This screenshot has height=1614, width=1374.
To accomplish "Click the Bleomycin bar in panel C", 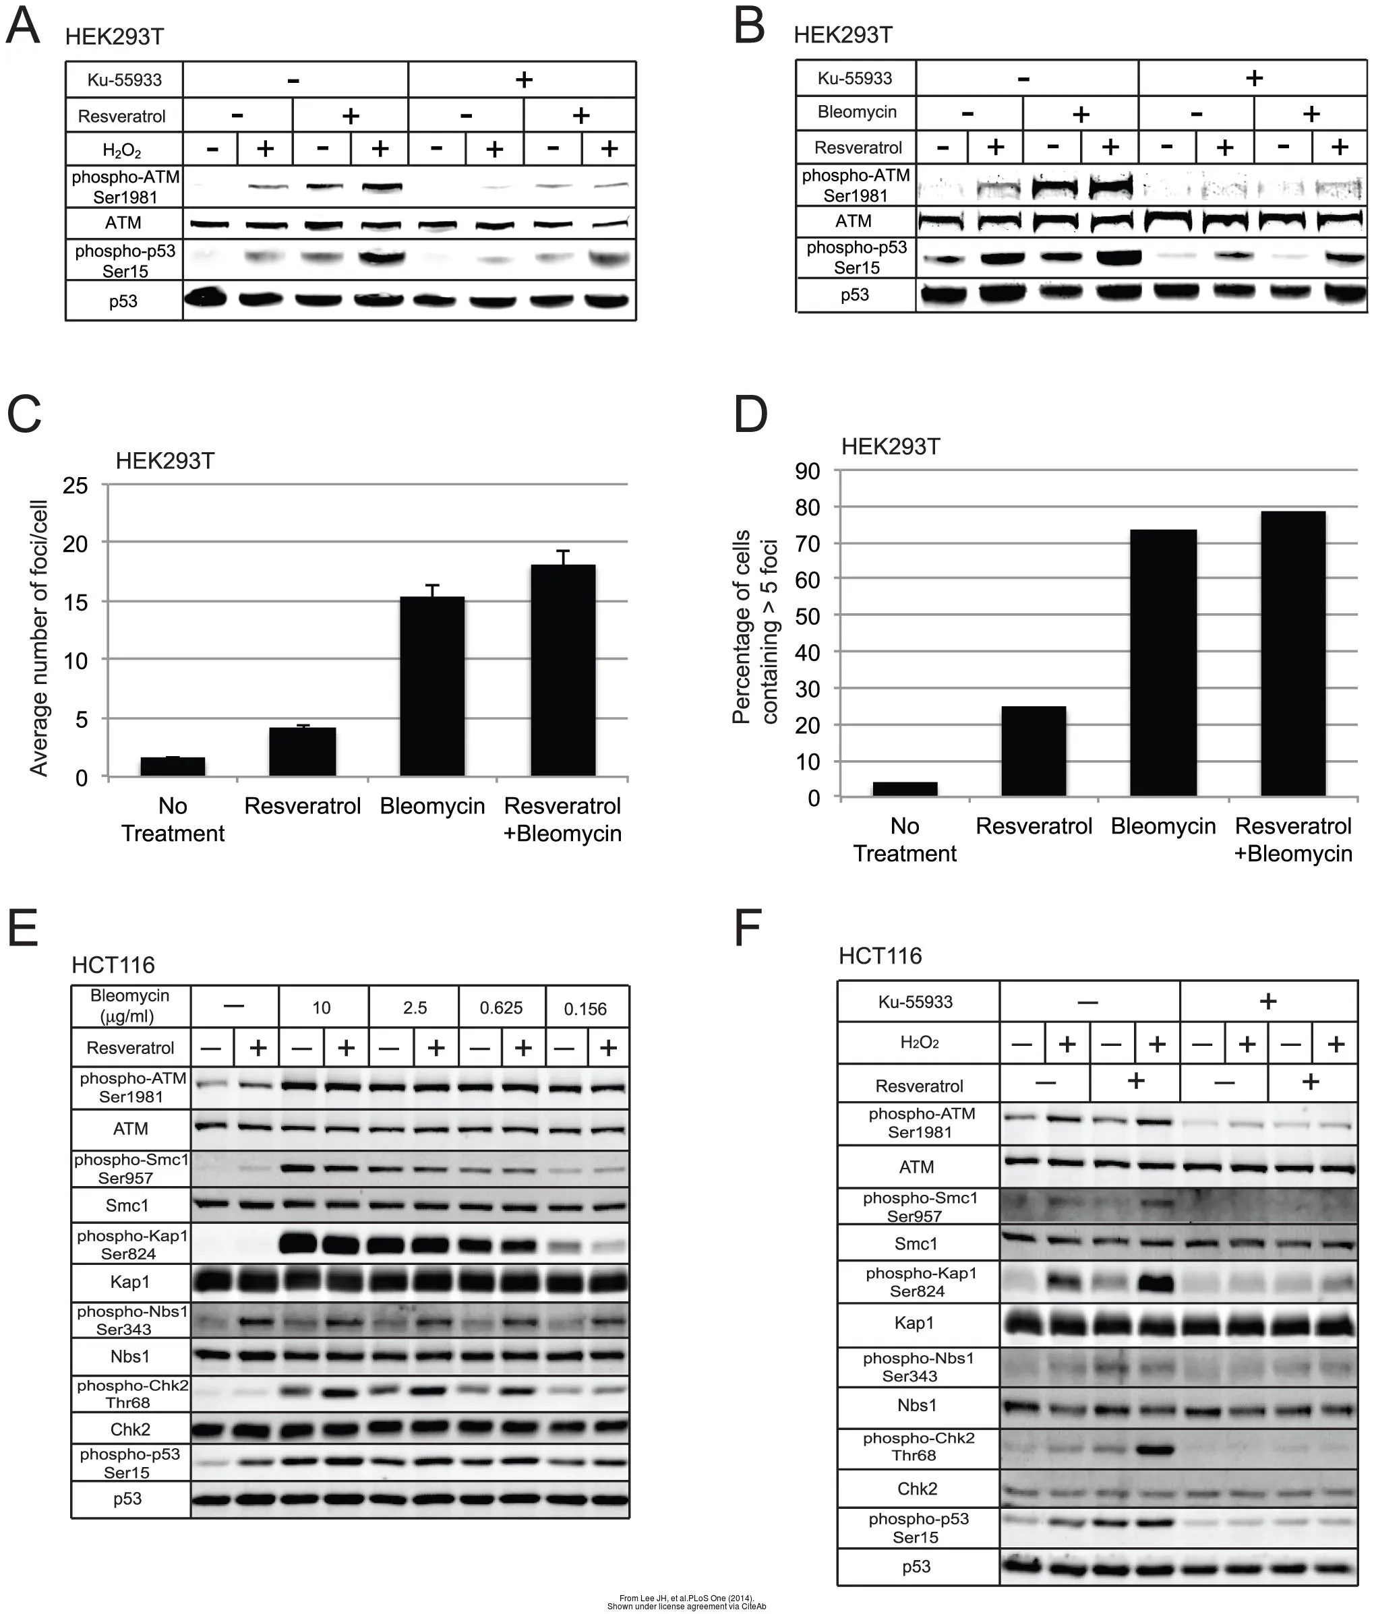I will (432, 686).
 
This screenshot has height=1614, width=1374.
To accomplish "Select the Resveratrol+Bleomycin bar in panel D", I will (1293, 653).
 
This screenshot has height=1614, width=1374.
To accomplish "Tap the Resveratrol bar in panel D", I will (1034, 751).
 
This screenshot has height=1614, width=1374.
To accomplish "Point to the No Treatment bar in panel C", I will (173, 766).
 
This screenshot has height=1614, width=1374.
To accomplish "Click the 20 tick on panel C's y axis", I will (76, 543).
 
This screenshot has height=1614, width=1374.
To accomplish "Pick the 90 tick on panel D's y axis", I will (808, 471).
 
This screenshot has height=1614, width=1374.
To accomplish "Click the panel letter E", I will (23, 927).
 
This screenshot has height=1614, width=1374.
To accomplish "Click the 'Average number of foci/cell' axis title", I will (39, 638).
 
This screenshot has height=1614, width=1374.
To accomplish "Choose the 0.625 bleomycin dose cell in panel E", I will (501, 1007).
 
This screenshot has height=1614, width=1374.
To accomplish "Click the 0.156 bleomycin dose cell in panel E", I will (585, 1008).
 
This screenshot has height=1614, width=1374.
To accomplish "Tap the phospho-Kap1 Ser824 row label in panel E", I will (131, 1244).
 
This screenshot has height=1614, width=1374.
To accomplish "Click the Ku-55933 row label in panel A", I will (125, 80).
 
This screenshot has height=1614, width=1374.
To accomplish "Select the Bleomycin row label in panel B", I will (857, 112).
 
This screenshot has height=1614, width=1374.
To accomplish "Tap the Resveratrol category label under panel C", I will (302, 806).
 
